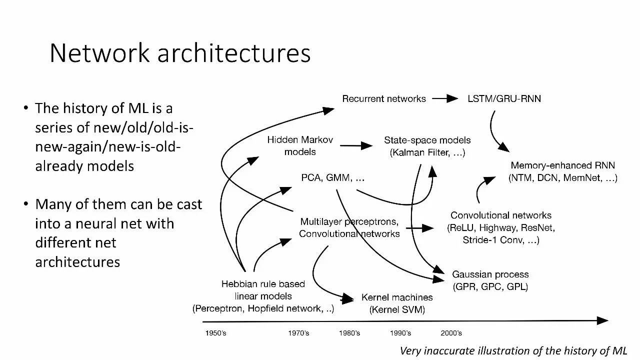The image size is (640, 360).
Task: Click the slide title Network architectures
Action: (180, 53)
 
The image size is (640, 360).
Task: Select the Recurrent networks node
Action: (384, 98)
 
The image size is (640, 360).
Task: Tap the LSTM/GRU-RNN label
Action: (504, 98)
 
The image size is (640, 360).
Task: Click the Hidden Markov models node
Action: (300, 145)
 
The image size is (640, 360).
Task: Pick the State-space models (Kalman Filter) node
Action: (427, 146)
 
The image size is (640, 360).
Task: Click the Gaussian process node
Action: (490, 280)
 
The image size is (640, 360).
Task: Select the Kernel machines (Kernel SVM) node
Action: (397, 303)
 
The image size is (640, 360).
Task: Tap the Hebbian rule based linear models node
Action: (263, 296)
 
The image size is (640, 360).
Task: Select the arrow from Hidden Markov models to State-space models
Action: (356, 146)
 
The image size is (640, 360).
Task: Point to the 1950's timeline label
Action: (215, 333)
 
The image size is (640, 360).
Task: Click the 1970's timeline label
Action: (298, 333)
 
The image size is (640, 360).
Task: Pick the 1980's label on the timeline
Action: (349, 333)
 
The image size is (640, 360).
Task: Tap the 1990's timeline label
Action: (400, 333)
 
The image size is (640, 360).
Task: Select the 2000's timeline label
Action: (451, 333)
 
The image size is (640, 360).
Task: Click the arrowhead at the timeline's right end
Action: (604, 320)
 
